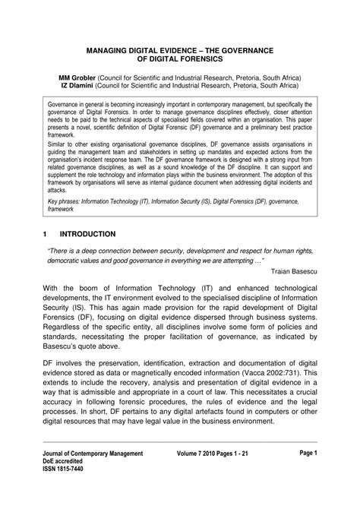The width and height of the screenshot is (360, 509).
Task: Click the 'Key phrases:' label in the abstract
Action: click(x=68, y=203)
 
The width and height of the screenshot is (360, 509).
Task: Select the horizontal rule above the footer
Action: click(x=179, y=463)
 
